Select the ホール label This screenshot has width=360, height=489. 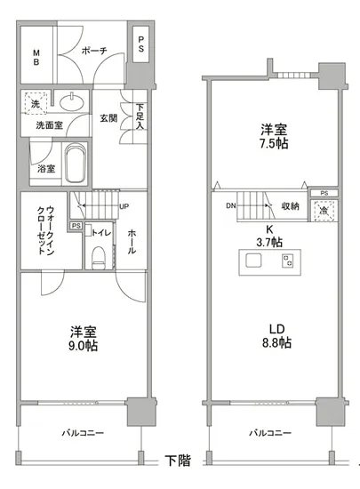point(132,239)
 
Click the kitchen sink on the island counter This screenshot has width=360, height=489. point(253,261)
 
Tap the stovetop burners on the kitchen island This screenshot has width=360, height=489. point(287,261)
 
